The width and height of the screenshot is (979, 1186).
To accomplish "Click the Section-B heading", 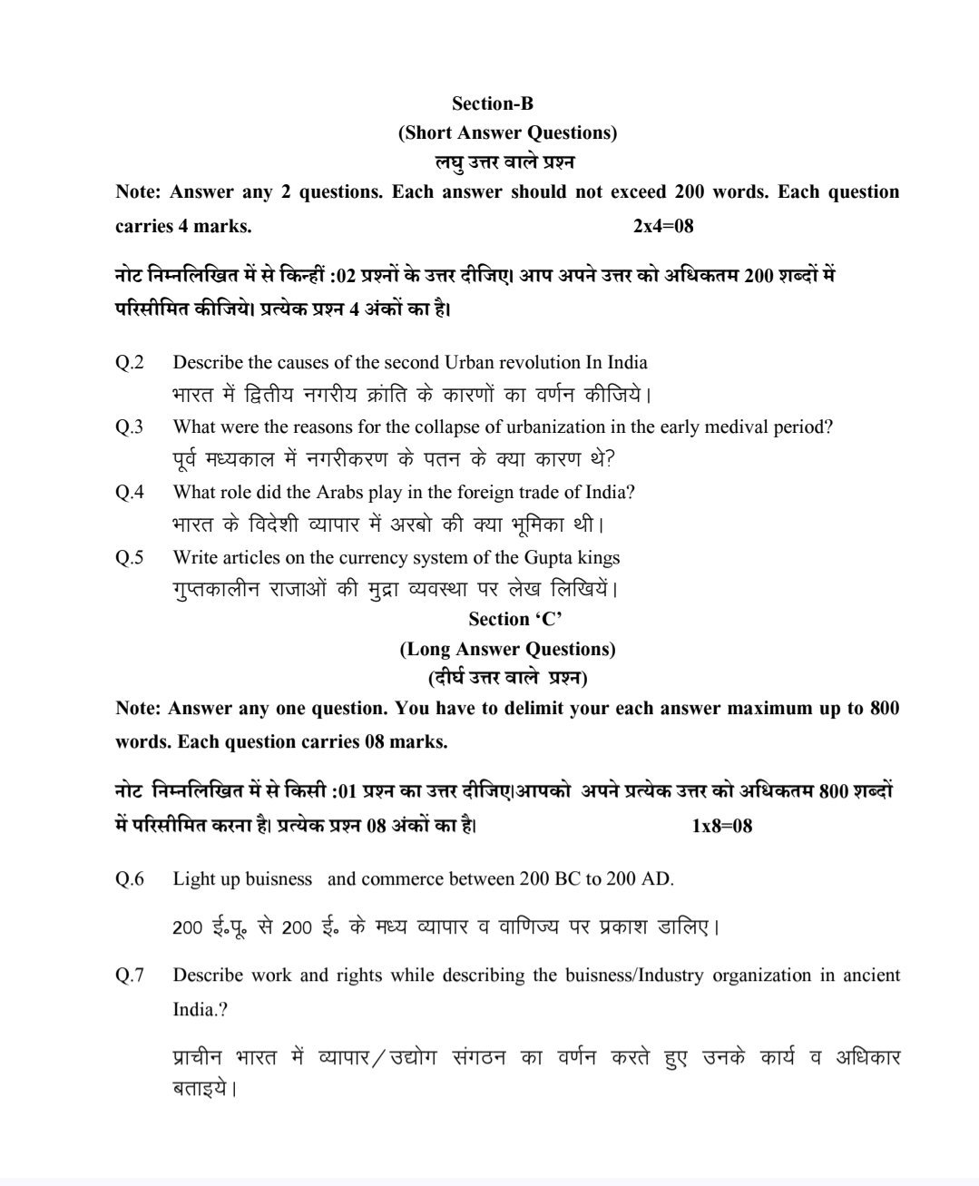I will point(493,103).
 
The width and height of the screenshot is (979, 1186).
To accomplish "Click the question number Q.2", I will point(130,363).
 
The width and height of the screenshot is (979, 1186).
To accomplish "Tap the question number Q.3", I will point(130,426).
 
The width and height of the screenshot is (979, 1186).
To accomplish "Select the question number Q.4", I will point(130,492).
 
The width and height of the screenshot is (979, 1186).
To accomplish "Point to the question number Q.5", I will point(130,557).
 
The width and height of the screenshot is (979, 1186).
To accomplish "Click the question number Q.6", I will point(130,878).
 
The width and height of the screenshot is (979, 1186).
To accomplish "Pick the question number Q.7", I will point(130,975).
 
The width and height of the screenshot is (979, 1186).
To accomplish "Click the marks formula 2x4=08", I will point(663,226).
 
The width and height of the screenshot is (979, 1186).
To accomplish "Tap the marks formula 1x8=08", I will point(721,826).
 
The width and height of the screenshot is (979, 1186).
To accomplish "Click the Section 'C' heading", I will point(514,619).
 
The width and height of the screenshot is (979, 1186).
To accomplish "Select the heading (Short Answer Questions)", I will point(507,132).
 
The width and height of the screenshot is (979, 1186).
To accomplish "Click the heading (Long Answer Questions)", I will point(507,649).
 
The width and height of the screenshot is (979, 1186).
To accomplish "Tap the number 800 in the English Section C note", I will point(884,708).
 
